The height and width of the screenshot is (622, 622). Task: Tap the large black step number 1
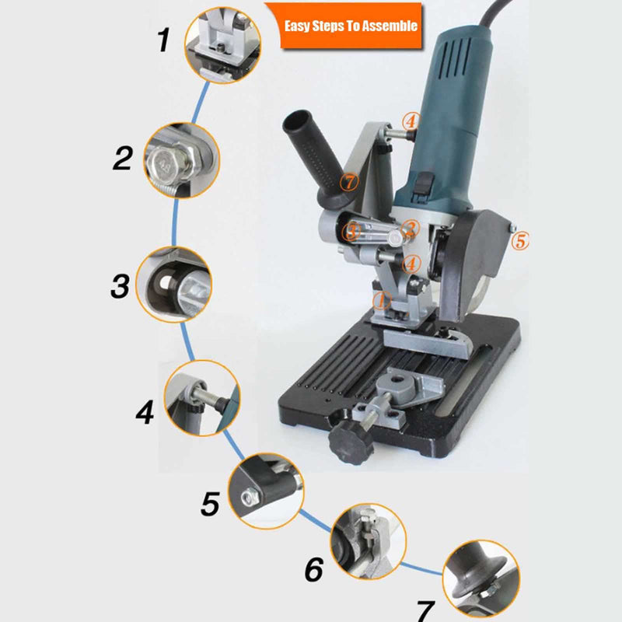pos(163,40)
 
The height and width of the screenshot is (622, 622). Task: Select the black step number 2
pos(123,159)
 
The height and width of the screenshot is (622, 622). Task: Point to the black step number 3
pos(121,285)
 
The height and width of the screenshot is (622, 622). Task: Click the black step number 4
pos(145,412)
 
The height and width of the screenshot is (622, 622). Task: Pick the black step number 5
pos(210,504)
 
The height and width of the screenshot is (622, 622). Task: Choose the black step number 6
pos(314,570)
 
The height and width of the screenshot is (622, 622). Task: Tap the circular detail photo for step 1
pos(222,45)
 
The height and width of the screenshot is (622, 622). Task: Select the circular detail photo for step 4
pos(202,398)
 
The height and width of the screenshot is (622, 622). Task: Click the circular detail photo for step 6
pos(369,541)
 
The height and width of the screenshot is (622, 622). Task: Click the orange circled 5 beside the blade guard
pos(520,241)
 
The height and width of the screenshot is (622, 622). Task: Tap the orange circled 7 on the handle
pos(349,182)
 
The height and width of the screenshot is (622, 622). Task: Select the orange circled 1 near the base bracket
pos(382,300)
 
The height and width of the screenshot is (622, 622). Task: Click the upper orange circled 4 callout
pos(411,121)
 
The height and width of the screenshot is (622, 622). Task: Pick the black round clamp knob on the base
pos(351,443)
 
